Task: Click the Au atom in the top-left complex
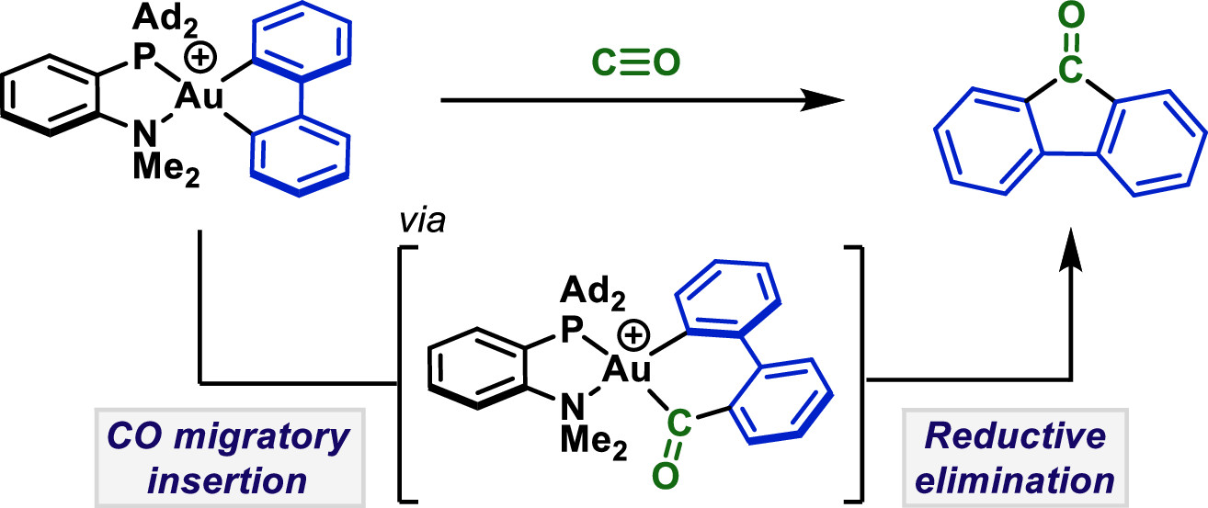[x=199, y=97]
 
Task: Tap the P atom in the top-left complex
[x=144, y=57]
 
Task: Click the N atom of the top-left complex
[x=144, y=132]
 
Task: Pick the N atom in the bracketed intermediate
[x=572, y=406]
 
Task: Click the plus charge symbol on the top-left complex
[x=200, y=57]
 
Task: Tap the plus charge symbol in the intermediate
[x=633, y=335]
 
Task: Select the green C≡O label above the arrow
[x=636, y=63]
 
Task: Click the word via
[x=422, y=220]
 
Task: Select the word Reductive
[x=1015, y=435]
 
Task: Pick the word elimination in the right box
[x=1015, y=480]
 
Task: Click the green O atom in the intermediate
[x=665, y=476]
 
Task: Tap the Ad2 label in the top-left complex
[x=165, y=20]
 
